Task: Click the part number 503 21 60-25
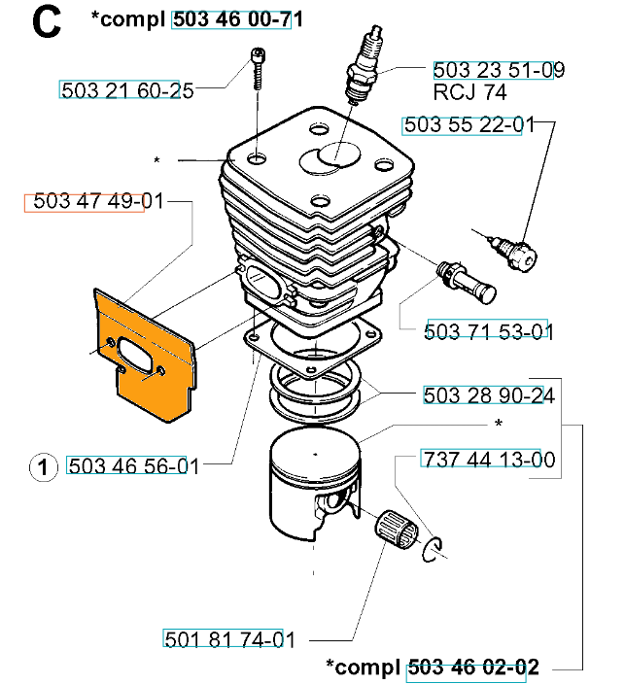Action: click(x=126, y=91)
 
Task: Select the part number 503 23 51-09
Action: click(x=499, y=70)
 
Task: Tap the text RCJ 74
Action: click(x=469, y=92)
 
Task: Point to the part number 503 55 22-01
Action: click(x=469, y=125)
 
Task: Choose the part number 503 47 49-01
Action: click(x=98, y=201)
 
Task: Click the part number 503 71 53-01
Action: click(x=489, y=331)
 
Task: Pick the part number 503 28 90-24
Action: click(x=489, y=395)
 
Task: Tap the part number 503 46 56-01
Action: click(x=134, y=466)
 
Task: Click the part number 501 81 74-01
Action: click(x=229, y=640)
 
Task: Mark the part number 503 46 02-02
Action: click(x=473, y=668)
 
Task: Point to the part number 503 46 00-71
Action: click(x=238, y=19)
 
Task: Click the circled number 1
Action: click(x=44, y=467)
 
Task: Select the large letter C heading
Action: click(x=46, y=23)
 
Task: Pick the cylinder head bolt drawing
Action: click(x=259, y=69)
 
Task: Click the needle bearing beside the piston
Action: click(x=396, y=530)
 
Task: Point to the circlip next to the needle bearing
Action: click(x=432, y=549)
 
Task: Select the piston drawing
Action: click(x=315, y=484)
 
